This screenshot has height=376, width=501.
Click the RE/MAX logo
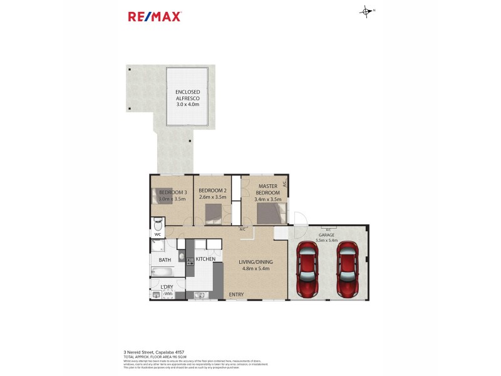coord(155,17)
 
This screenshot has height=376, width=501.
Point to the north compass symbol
coord(366,11)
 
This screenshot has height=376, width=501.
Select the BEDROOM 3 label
coord(172,192)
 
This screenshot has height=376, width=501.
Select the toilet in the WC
coord(157,224)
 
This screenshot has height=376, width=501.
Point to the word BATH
coord(165,259)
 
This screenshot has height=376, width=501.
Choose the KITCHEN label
coord(205,259)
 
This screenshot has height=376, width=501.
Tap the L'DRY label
coord(167,287)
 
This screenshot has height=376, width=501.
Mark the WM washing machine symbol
coord(167,293)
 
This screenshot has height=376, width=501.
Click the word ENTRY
coord(236,295)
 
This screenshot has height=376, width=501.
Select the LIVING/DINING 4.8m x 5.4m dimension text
coord(256,269)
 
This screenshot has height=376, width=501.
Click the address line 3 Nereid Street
coord(154,352)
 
